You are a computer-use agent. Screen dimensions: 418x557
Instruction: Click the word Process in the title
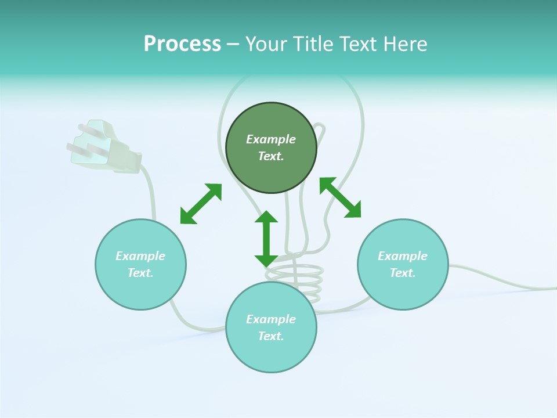pyautogui.click(x=182, y=44)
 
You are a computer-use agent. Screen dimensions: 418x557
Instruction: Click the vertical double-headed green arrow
pyautogui.click(x=266, y=239)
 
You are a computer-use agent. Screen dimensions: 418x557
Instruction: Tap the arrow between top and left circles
pyautogui.click(x=201, y=204)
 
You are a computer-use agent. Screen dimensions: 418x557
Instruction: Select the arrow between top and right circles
pyautogui.click(x=340, y=197)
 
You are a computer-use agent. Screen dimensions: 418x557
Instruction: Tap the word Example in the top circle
pyautogui.click(x=271, y=139)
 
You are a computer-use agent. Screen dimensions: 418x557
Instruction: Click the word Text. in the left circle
pyautogui.click(x=140, y=273)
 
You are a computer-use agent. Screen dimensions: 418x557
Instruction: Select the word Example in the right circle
pyautogui.click(x=403, y=256)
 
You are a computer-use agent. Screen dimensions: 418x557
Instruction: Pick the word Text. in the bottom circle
pyautogui.click(x=271, y=336)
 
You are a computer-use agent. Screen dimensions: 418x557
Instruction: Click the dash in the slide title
pyautogui.click(x=233, y=44)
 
